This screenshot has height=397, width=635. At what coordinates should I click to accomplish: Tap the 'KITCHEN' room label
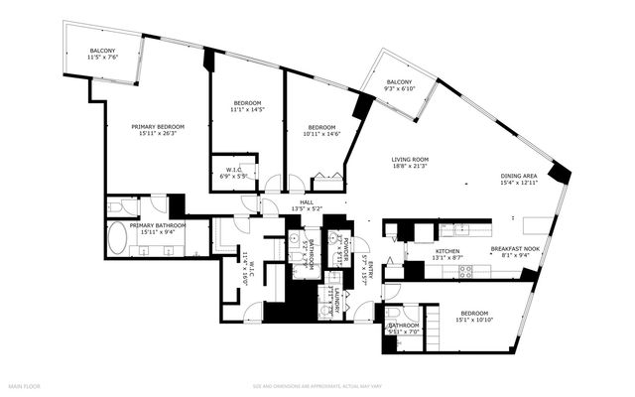coord(448,251)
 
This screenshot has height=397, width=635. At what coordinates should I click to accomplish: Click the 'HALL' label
coord(295,202)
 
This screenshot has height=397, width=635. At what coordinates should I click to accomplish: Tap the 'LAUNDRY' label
coord(337,296)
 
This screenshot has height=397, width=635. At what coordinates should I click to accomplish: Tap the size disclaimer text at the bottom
coord(317,385)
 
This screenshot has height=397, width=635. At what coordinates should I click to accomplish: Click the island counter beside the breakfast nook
coord(541,219)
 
